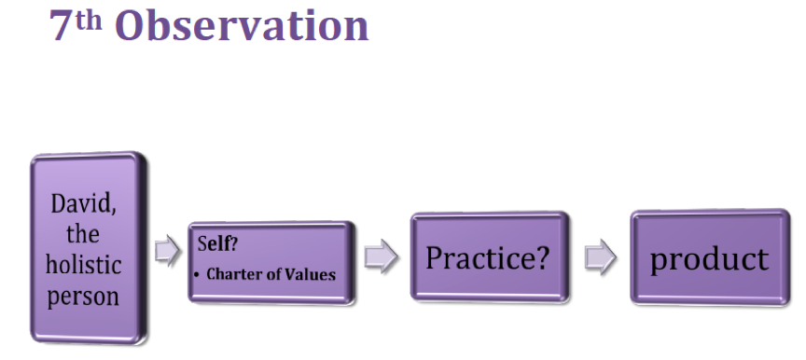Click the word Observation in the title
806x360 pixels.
click(x=242, y=26)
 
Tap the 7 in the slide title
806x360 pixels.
click(x=61, y=26)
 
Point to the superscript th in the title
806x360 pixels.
click(x=89, y=21)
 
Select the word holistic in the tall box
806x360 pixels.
click(x=83, y=265)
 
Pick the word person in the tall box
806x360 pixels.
click(x=83, y=297)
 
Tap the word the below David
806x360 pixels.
click(x=83, y=234)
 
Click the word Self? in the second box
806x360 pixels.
click(x=217, y=243)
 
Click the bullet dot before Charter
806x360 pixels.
click(x=196, y=275)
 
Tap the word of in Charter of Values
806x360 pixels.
click(x=274, y=274)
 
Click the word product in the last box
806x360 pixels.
click(x=709, y=259)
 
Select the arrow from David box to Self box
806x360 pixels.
click(x=168, y=251)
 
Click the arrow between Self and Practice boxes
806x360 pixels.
click(x=381, y=256)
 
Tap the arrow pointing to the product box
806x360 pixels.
click(x=601, y=256)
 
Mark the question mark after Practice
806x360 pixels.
click(x=542, y=256)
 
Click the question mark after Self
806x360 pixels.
click(x=233, y=243)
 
